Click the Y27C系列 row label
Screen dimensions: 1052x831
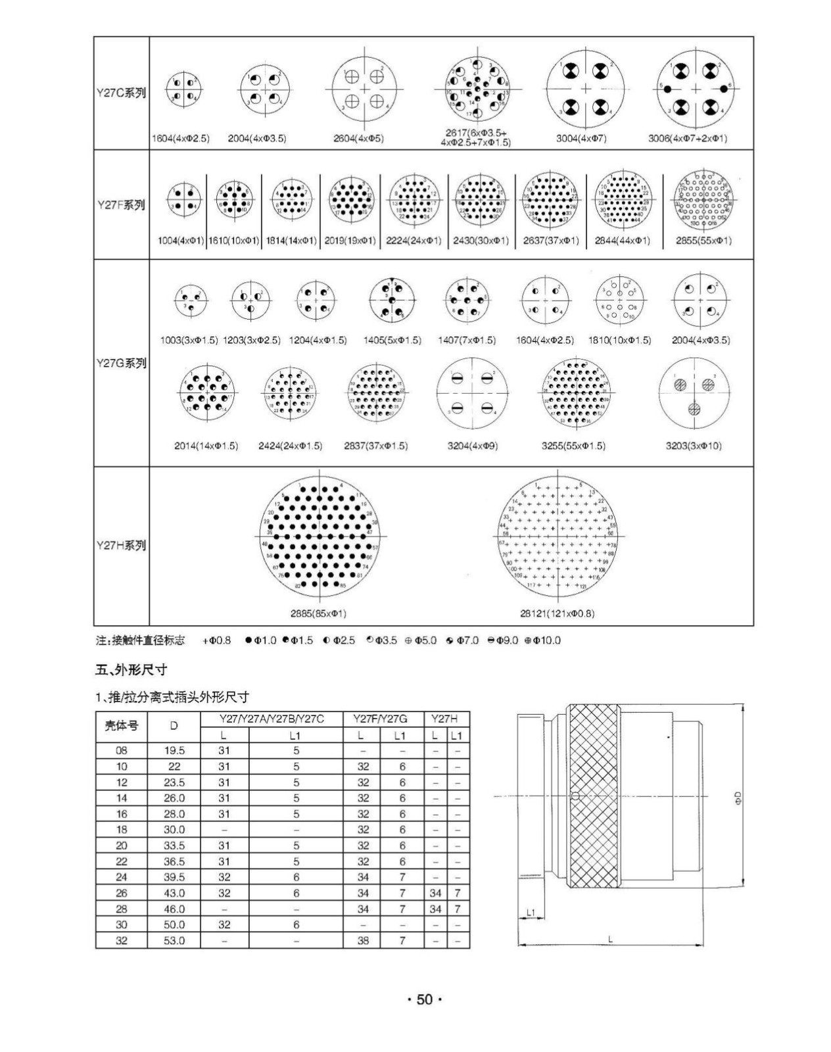pyautogui.click(x=121, y=93)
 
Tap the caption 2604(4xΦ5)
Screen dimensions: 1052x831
pyautogui.click(x=358, y=139)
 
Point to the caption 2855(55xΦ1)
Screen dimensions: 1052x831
pyautogui.click(x=703, y=241)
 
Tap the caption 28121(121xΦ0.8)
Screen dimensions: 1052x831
pyautogui.click(x=557, y=613)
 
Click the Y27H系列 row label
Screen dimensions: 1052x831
pyautogui.click(x=121, y=545)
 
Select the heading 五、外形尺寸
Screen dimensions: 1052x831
pyautogui.click(x=131, y=670)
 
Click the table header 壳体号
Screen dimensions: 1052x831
pyautogui.click(x=122, y=726)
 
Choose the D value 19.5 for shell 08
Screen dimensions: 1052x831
pyautogui.click(x=174, y=750)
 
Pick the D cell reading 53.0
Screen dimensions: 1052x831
pyautogui.click(x=174, y=941)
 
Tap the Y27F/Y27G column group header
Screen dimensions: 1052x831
pyautogui.click(x=379, y=719)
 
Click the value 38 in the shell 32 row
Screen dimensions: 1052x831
pyautogui.click(x=363, y=941)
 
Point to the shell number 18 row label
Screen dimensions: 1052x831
pyautogui.click(x=122, y=830)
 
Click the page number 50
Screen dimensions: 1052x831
pyautogui.click(x=425, y=1000)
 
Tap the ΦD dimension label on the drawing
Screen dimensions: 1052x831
pyautogui.click(x=738, y=799)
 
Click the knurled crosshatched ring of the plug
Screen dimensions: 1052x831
pyautogui.click(x=594, y=796)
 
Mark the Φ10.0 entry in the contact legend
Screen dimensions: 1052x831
pyautogui.click(x=543, y=640)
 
